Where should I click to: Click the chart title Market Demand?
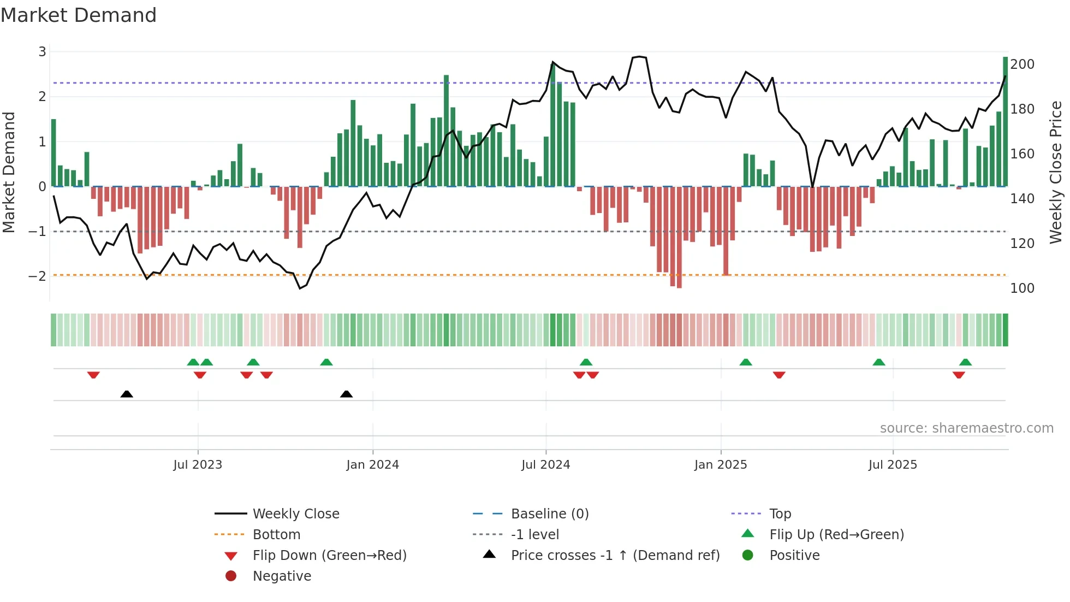click(x=79, y=15)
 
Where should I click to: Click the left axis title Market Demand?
click(x=9, y=172)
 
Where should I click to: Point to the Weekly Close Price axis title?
click(x=1056, y=172)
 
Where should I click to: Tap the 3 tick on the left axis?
click(x=42, y=52)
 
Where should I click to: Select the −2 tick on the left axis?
click(x=38, y=276)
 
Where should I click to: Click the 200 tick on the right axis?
click(x=1022, y=64)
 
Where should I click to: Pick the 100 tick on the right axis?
click(x=1022, y=288)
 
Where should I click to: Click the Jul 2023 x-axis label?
click(x=198, y=465)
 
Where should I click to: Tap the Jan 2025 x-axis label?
click(x=721, y=465)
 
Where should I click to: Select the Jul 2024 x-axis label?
click(x=545, y=465)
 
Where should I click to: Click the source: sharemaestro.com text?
click(x=966, y=428)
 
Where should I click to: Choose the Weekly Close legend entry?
click(x=295, y=514)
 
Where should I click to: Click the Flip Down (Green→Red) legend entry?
click(x=329, y=556)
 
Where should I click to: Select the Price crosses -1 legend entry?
click(x=615, y=556)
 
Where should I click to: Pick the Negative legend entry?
click(x=282, y=576)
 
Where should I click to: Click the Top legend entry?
click(x=780, y=514)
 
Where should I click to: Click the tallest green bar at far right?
click(x=1005, y=121)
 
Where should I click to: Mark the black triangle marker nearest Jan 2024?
click(x=346, y=394)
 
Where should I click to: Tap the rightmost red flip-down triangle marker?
click(x=959, y=375)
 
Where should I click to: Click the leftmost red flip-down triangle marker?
click(x=93, y=375)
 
